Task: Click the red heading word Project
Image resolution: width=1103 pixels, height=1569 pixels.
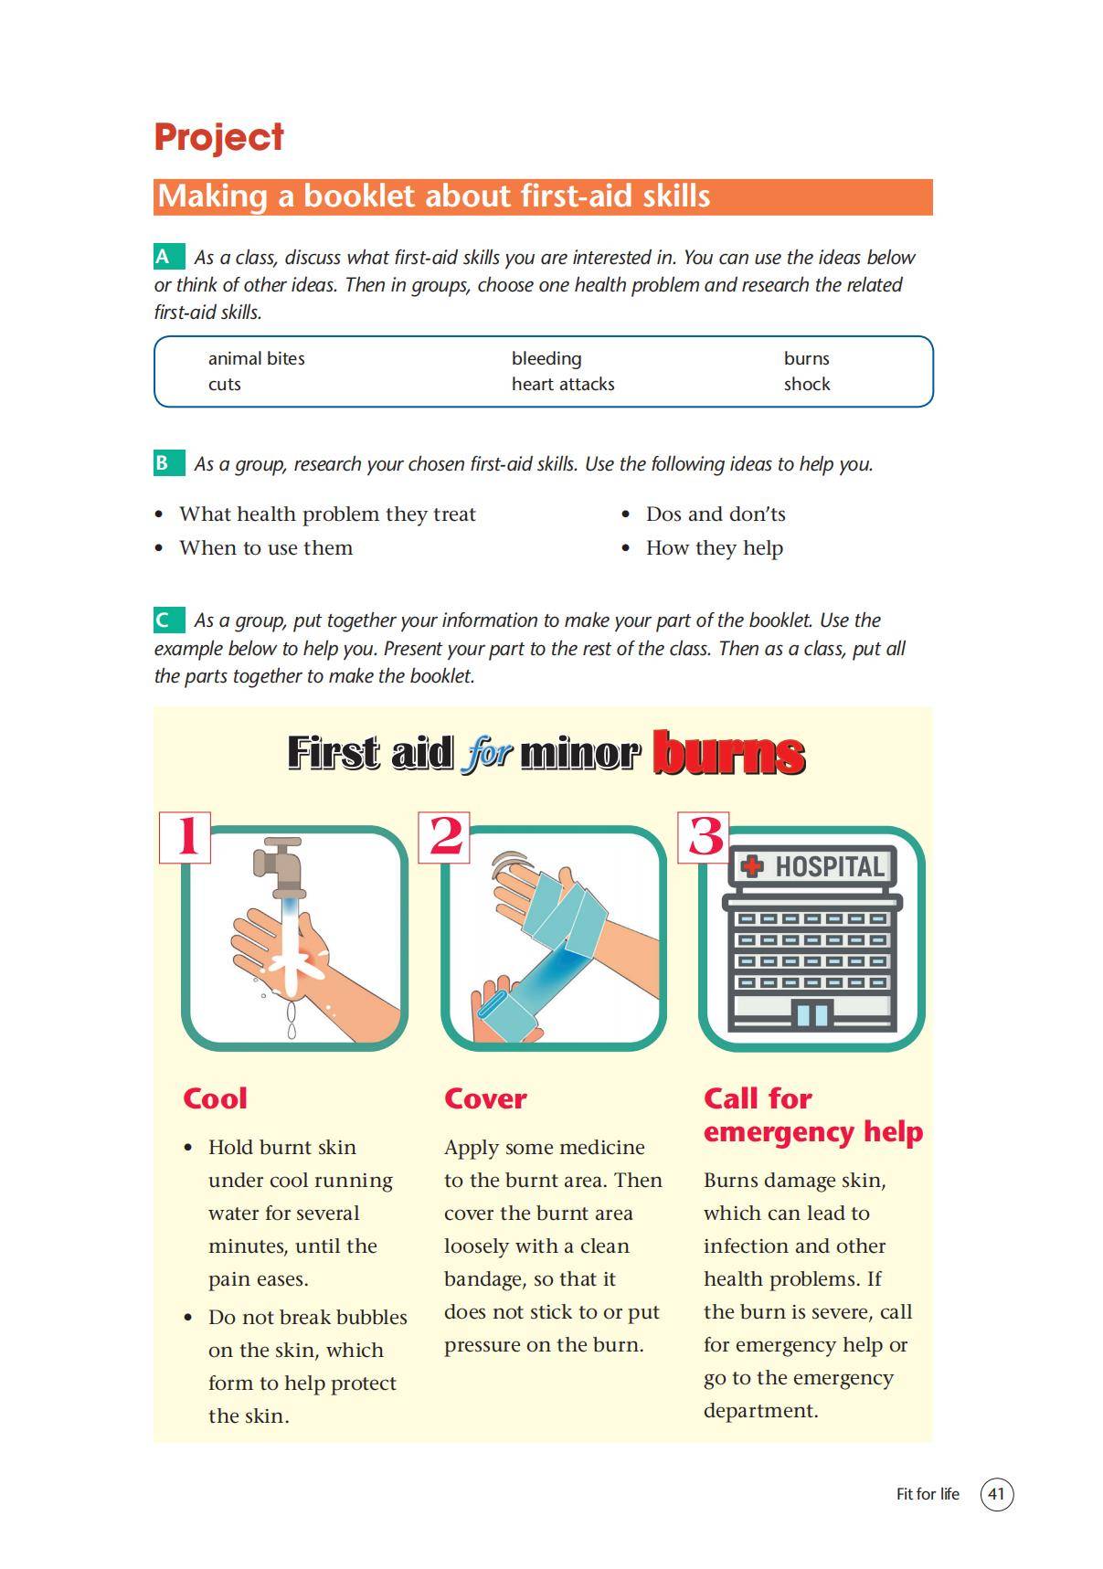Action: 218,137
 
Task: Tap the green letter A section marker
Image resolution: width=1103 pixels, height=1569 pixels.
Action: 164,257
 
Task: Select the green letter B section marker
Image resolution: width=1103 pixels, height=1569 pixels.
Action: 164,463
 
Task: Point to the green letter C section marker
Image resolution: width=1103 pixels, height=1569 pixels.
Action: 164,620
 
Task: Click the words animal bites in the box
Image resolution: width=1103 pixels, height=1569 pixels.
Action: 256,358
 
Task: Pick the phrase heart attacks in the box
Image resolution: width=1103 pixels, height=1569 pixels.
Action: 562,384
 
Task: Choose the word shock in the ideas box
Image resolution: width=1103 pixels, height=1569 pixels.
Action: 806,384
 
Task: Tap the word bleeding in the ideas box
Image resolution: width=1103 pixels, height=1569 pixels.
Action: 546,358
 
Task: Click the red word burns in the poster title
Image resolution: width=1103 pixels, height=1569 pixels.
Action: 728,753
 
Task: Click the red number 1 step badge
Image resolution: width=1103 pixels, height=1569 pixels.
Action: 186,836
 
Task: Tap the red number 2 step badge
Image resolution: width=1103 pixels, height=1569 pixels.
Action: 445,836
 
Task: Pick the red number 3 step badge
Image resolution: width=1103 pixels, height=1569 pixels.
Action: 704,836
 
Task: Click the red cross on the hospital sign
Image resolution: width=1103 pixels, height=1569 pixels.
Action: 752,865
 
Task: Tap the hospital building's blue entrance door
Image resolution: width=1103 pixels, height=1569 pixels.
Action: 811,1014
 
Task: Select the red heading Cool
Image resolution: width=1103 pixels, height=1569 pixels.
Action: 215,1098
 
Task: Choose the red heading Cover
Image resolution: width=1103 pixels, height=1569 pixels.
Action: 484,1098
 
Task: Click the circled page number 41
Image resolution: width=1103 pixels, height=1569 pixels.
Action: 996,1494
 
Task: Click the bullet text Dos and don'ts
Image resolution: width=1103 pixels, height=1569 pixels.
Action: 715,514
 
